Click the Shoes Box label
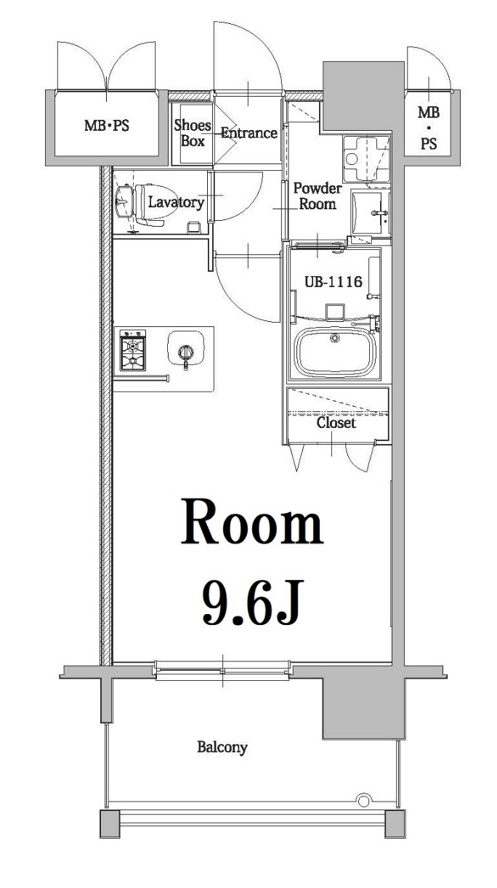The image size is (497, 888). tap(193, 133)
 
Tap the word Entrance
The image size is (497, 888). tap(248, 133)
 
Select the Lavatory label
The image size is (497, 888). tap(176, 202)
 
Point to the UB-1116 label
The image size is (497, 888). tap(333, 282)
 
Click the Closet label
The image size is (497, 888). tap(336, 422)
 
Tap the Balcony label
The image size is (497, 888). tap(222, 746)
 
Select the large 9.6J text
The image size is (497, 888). tap(251, 602)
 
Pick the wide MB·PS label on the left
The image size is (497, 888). tap(106, 125)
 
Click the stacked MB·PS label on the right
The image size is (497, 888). tap(429, 128)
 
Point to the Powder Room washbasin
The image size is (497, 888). tap(370, 211)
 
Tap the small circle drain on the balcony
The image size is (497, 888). tap(362, 801)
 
